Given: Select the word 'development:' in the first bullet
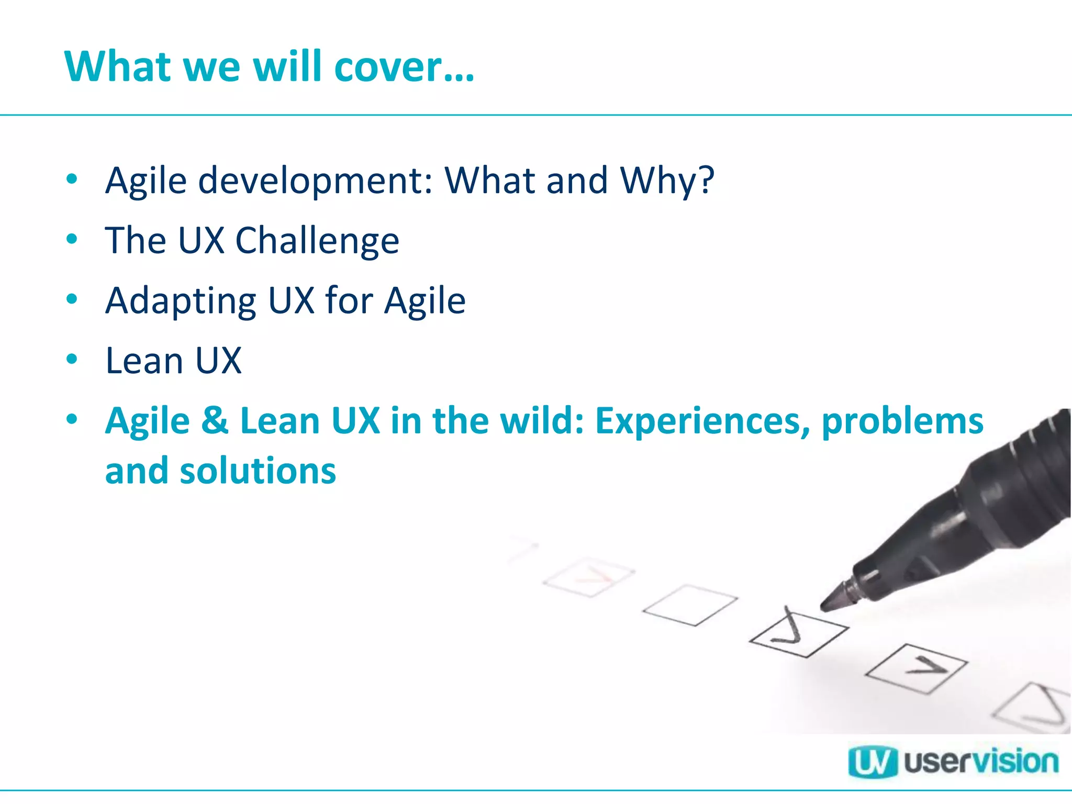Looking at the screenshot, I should click(316, 181).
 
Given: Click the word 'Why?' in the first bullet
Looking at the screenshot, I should click(667, 181).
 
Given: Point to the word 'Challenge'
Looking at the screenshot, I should click(317, 241).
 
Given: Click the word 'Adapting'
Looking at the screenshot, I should click(181, 301).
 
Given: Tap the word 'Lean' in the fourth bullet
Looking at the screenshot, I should click(144, 361).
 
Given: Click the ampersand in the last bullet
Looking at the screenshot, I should click(215, 421).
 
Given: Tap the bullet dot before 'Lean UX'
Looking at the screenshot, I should click(72, 359).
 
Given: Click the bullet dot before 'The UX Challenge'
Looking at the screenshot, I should click(72, 239).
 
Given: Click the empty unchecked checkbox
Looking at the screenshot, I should click(690, 605).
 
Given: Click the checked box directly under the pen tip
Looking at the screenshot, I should click(798, 633).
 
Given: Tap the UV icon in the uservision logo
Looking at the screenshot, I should click(872, 763).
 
